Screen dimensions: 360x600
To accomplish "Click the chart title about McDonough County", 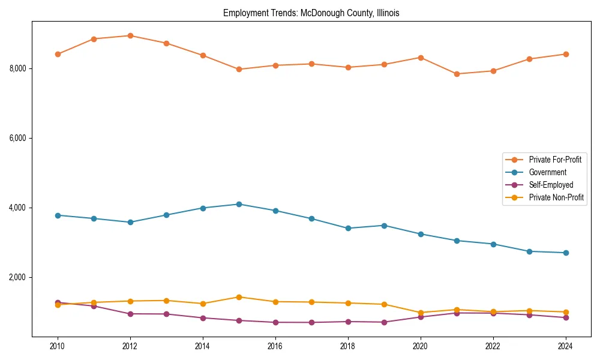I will click(x=311, y=13).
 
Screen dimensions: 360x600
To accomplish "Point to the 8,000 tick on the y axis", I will click(x=17, y=68).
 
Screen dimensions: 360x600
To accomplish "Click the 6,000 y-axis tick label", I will click(x=17, y=138).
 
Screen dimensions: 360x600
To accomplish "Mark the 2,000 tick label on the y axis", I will click(x=17, y=277).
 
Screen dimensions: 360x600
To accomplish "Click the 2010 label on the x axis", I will click(x=58, y=346).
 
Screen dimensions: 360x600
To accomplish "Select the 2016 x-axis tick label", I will click(x=275, y=346).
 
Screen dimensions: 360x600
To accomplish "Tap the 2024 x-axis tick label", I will click(x=565, y=346).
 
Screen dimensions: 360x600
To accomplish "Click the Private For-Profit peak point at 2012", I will click(x=130, y=35).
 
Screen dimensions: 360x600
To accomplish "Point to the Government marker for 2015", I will click(x=239, y=204).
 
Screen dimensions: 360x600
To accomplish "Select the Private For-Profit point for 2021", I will click(x=457, y=74).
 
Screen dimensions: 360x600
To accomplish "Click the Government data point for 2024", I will click(x=565, y=253).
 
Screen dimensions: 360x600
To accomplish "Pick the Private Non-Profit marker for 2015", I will click(x=239, y=297).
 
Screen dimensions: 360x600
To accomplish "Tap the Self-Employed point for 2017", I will click(x=311, y=322).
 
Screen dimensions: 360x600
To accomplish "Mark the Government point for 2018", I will click(x=348, y=228).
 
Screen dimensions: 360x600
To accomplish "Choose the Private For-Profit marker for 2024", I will click(x=565, y=54).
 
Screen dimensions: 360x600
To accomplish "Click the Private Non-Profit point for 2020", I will click(x=421, y=313).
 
